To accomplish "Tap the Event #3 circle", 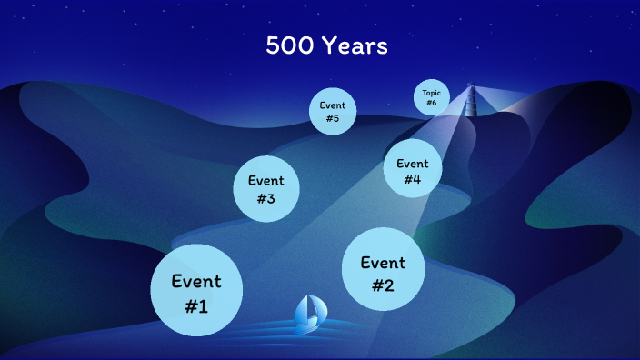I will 265,189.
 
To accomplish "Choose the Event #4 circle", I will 412,171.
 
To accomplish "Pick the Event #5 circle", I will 332,111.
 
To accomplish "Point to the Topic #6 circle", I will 431,97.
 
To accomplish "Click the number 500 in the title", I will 289,46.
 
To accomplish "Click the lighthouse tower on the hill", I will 471,100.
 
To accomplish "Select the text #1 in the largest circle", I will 196,306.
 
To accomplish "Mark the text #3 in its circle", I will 265,199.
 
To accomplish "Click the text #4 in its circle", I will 412,180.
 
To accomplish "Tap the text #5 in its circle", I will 332,118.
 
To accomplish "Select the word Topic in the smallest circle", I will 431,93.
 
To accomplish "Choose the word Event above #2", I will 383,263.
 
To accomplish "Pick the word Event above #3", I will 265,180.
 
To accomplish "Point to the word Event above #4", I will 412,164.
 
